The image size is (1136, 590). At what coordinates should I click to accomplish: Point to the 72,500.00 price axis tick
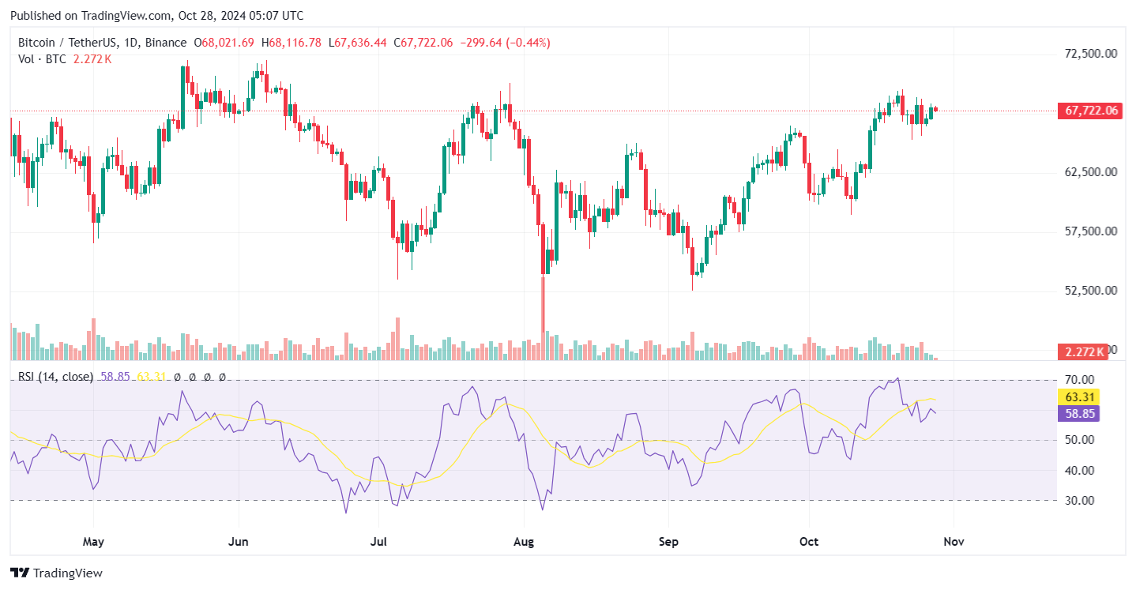coord(1090,54)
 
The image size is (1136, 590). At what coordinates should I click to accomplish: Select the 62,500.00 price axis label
coord(1090,172)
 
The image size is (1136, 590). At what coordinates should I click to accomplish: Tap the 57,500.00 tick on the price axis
coord(1090,231)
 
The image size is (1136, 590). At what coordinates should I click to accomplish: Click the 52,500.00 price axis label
coord(1090,291)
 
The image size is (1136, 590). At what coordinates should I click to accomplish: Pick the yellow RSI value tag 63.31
coord(1078,397)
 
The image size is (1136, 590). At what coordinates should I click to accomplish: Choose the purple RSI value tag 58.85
coord(1078,413)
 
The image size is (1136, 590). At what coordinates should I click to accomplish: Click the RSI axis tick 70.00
coord(1078,380)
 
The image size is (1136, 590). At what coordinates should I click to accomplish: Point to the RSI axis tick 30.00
coord(1078,501)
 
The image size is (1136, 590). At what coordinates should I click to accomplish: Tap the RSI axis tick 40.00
coord(1078,471)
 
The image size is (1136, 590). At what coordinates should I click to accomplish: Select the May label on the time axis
coord(93,542)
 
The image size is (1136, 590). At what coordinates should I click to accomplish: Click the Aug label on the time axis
coord(524,542)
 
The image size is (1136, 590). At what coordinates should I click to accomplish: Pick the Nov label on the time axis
coord(954,542)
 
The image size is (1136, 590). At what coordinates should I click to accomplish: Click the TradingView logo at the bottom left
coord(56,573)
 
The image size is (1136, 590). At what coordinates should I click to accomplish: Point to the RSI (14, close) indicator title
coord(55,377)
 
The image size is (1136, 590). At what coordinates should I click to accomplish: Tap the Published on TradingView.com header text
coord(156,16)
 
